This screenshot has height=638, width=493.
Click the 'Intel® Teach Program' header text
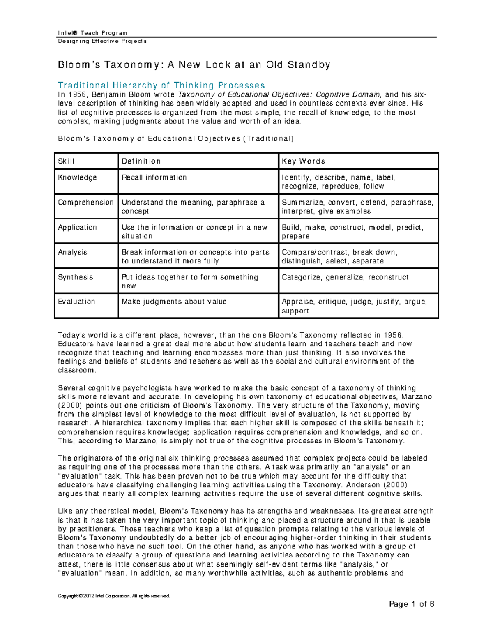[92, 33]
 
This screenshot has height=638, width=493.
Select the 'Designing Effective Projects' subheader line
[102, 41]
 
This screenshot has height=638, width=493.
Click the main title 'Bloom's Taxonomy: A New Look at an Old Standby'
[194, 65]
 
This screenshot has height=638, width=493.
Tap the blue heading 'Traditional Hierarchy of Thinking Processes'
[161, 85]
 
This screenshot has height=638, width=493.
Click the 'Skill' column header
[66, 161]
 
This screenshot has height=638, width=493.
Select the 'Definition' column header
[141, 161]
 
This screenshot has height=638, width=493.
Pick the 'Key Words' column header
[303, 161]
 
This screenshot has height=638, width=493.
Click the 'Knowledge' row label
[77, 177]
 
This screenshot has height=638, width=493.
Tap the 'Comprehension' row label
[85, 203]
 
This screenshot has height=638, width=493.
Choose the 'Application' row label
[77, 227]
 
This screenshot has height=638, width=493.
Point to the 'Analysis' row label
[72, 252]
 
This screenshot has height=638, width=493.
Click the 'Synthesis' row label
[75, 277]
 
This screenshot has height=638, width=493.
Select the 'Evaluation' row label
[76, 302]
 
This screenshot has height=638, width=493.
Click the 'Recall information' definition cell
[154, 177]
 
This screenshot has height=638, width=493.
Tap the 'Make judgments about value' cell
[174, 302]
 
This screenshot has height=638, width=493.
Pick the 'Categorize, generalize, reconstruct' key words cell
[345, 277]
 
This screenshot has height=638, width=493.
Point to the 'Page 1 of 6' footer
[412, 604]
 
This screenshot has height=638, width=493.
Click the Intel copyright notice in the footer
[114, 596]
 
